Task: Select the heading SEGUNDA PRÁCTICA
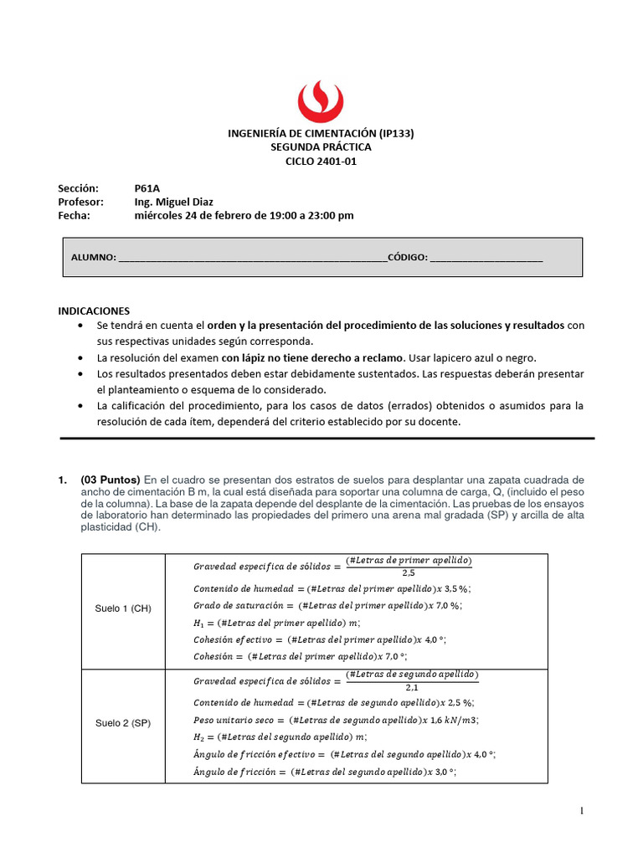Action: coord(321,146)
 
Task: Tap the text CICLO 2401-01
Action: coord(321,161)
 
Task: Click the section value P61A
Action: coord(147,188)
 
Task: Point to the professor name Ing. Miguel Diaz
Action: coord(173,202)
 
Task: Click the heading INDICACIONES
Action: coord(94,310)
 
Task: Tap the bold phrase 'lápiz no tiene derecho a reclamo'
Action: coord(322,357)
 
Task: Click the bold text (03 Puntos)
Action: coord(111,480)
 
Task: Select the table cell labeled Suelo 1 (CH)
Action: coord(123,608)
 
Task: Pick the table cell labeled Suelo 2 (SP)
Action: coord(123,723)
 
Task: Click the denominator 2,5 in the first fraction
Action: coord(409,573)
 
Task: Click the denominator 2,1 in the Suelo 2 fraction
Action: coord(410,687)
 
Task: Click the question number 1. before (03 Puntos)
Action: coord(62,480)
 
